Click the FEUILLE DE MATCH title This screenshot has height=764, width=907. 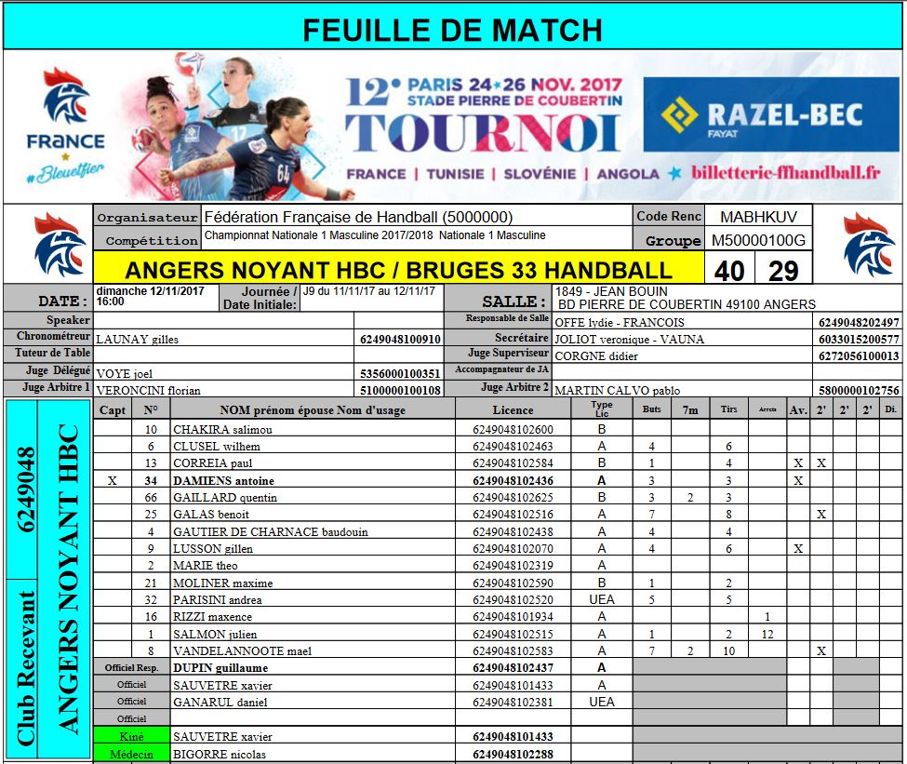(453, 30)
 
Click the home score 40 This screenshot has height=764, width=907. (729, 271)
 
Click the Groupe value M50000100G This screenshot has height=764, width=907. (758, 241)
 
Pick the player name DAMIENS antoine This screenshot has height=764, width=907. (223, 481)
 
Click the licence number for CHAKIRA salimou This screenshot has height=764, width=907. (513, 430)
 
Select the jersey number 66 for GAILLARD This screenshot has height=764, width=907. (151, 498)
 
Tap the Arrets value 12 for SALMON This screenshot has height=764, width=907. (767, 634)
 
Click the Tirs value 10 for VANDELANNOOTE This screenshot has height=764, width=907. (728, 651)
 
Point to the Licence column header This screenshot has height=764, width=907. (513, 409)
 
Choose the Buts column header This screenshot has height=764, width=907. (651, 409)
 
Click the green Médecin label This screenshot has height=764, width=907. (131, 754)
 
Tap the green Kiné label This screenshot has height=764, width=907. (131, 736)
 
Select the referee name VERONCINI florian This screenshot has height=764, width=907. (149, 391)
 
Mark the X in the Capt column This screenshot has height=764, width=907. (113, 481)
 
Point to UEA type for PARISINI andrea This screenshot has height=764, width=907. (602, 600)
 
